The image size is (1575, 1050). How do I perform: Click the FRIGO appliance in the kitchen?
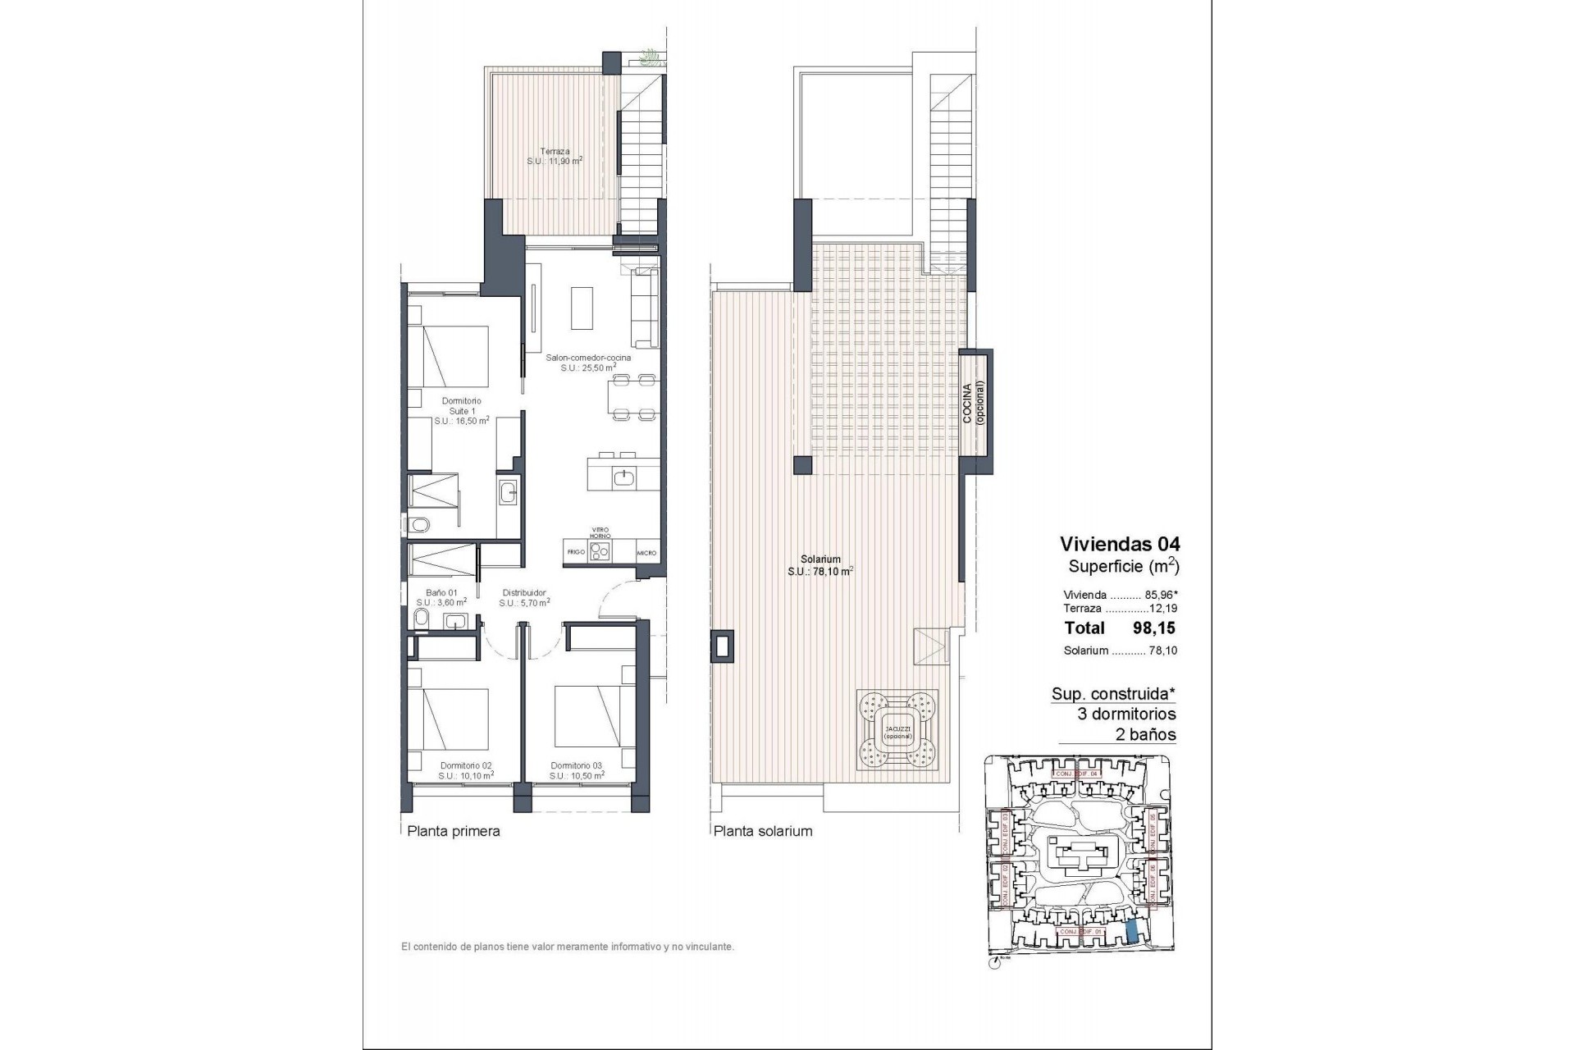[x=576, y=552]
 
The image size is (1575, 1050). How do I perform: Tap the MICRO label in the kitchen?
[x=646, y=553]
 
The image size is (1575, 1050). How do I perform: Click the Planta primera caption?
[x=454, y=831]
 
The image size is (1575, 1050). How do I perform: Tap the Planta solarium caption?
[x=763, y=831]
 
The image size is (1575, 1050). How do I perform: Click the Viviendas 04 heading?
[x=1120, y=544]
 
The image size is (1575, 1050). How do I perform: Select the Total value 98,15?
[x=1155, y=628]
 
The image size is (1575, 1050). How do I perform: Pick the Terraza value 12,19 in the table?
[x=1166, y=609]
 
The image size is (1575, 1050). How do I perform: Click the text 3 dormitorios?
[x=1126, y=714]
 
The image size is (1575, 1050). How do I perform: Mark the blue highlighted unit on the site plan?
[x=1131, y=931]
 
